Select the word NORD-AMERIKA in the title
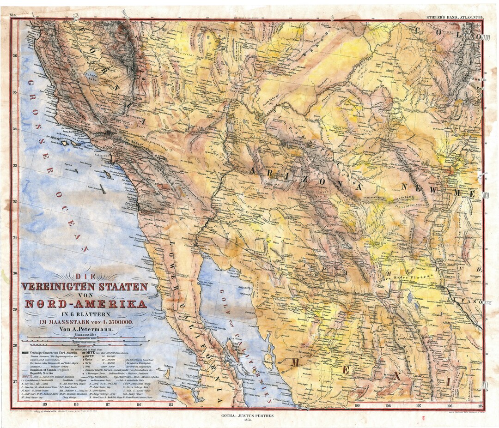[86, 304]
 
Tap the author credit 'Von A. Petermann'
[85, 329]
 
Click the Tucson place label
[310, 254]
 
